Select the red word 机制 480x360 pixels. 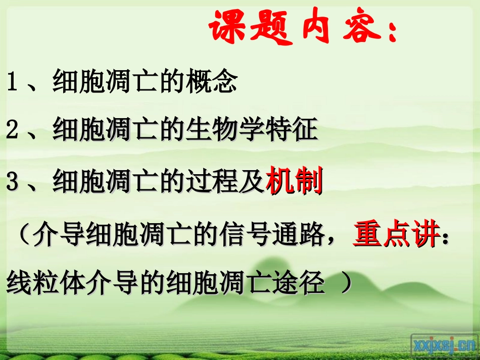[x=295, y=182]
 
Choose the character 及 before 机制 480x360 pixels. [x=251, y=182]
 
